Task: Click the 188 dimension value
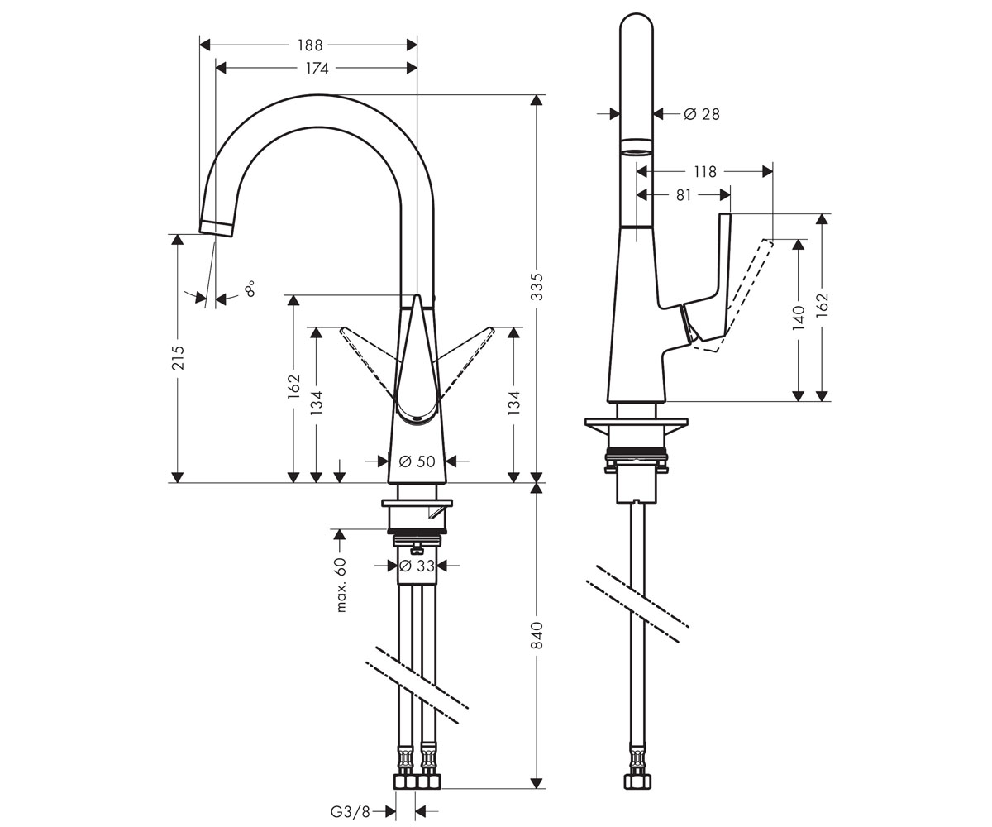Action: coord(310,45)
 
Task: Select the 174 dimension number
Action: coord(317,69)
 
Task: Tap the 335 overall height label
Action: coord(537,287)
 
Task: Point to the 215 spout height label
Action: coord(178,357)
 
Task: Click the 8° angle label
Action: coord(250,289)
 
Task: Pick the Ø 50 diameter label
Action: coord(417,461)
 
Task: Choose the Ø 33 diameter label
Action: coord(417,566)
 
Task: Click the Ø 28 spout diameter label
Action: coord(702,114)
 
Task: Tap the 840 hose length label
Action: coord(537,635)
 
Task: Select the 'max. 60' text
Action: coord(341,585)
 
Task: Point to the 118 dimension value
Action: coord(704,171)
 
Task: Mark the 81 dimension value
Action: coord(683,195)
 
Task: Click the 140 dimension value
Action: coord(799,318)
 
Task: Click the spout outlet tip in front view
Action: coord(217,228)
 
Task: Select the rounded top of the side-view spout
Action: coord(637,22)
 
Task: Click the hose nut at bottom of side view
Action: coord(637,782)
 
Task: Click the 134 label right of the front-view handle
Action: coord(513,403)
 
